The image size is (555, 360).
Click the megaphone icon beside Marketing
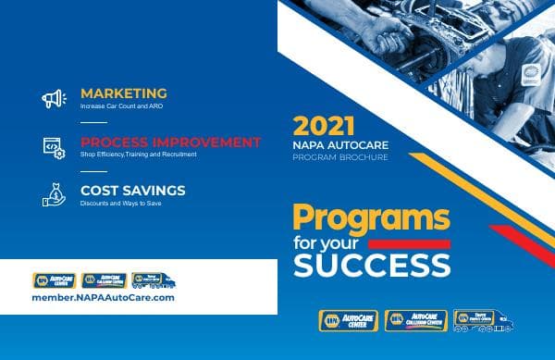click(x=53, y=98)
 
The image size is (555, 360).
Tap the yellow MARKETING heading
click(x=123, y=93)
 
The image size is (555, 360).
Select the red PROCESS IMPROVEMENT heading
click(x=170, y=142)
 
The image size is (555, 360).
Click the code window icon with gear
click(x=53, y=146)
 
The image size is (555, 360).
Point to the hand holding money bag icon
click(x=53, y=194)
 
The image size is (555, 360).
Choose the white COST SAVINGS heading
click(x=132, y=190)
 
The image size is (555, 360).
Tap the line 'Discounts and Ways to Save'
click(x=120, y=203)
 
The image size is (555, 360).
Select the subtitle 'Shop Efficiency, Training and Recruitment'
click(x=138, y=155)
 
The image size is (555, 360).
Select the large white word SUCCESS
click(x=372, y=266)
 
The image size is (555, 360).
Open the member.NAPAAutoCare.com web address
click(x=103, y=298)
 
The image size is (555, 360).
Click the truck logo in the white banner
click(x=151, y=279)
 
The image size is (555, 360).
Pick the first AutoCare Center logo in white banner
click(x=53, y=279)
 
